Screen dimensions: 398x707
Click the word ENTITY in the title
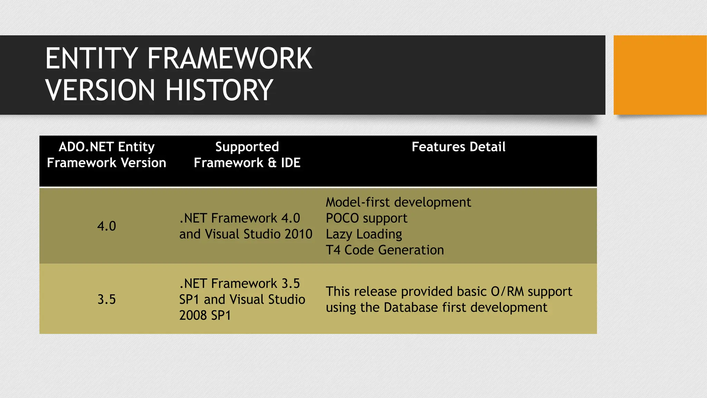91,59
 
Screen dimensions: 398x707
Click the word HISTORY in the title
219,90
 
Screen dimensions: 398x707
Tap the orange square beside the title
660,75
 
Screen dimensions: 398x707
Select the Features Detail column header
458,147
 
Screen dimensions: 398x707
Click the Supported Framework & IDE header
247,155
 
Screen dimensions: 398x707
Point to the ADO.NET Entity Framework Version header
106,155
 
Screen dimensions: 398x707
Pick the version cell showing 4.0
106,226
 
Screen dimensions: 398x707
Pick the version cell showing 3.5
106,299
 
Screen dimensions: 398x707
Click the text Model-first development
398,202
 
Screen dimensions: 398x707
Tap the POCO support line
366,218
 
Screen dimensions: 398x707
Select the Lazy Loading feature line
364,234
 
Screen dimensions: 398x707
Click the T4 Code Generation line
385,250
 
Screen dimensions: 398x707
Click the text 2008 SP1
205,315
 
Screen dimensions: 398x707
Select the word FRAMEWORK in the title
230,59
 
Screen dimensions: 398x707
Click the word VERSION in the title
100,90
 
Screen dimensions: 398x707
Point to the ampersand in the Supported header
272,163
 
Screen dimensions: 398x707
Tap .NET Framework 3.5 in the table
239,284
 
